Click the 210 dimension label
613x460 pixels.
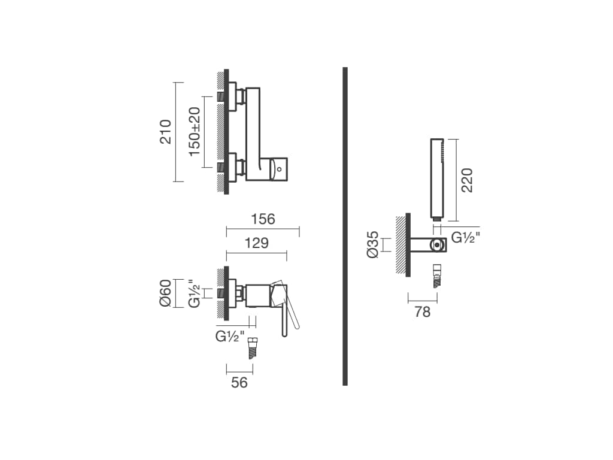(x=165, y=132)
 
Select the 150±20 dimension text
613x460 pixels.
(x=195, y=131)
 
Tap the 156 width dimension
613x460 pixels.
(x=263, y=219)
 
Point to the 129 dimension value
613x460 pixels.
(x=256, y=243)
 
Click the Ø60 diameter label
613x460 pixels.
(x=165, y=293)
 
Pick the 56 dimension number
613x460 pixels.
(x=239, y=382)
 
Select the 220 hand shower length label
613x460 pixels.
(x=467, y=180)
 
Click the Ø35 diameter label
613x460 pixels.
(x=372, y=244)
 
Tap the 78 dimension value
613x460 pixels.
(x=422, y=311)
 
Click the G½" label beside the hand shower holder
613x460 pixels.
(x=466, y=237)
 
